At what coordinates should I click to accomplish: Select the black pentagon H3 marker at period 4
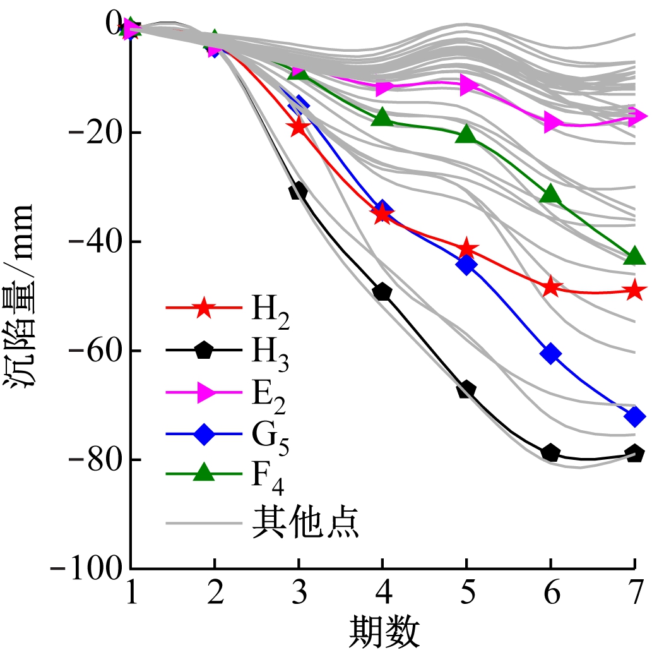point(382,292)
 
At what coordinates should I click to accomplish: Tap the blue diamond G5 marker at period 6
point(550,353)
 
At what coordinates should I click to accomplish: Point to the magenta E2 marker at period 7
point(636,116)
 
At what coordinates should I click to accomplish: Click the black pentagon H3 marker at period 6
point(550,453)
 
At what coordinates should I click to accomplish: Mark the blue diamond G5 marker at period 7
point(634,416)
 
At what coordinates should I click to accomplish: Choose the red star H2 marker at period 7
point(634,290)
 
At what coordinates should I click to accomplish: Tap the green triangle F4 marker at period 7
point(634,256)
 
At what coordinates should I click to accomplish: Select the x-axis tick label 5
point(466,594)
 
